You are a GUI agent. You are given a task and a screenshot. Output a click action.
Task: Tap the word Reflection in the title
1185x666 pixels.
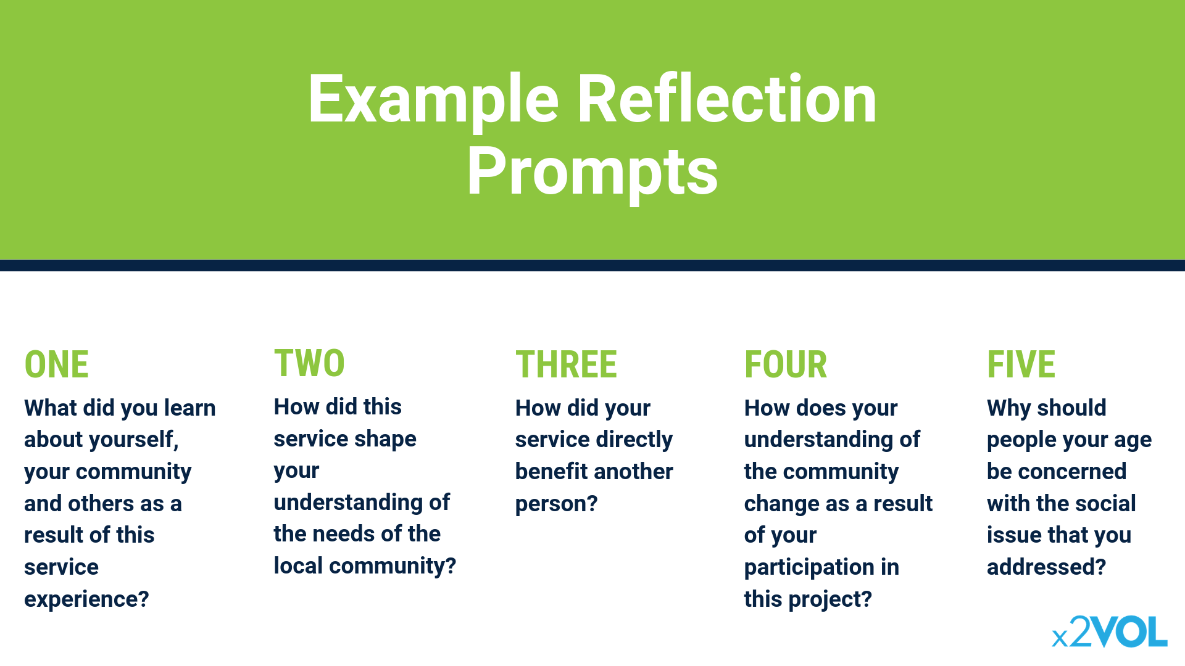click(727, 99)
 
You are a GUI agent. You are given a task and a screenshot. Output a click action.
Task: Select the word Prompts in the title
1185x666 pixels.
click(592, 173)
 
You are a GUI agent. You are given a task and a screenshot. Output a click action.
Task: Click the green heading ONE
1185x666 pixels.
click(56, 364)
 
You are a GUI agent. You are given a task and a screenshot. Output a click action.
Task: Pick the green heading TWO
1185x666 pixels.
click(309, 363)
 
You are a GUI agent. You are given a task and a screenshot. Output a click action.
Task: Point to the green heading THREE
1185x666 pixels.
click(566, 364)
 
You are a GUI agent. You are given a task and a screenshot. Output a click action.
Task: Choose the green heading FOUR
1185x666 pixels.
click(786, 364)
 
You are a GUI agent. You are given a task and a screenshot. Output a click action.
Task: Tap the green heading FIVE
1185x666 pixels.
click(1021, 364)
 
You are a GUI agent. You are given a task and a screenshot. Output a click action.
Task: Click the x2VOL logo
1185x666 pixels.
click(1110, 631)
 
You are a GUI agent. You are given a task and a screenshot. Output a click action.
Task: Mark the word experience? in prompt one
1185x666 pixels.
click(86, 599)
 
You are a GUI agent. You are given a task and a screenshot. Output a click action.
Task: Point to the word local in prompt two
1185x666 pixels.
click(298, 565)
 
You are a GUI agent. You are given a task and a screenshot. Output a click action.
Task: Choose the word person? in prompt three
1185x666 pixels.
click(556, 504)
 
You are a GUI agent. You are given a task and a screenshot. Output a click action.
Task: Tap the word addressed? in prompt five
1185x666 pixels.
click(1046, 567)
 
